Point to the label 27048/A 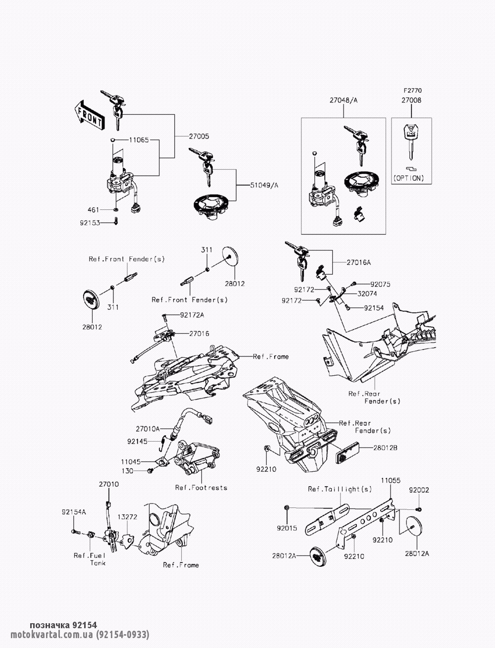pyautogui.click(x=344, y=100)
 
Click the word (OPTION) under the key pyautogui.click(x=409, y=178)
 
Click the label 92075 pyautogui.click(x=380, y=284)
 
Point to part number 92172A pyautogui.click(x=192, y=314)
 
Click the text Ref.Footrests pyautogui.click(x=201, y=488)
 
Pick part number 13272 pyautogui.click(x=127, y=516)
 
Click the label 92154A pyautogui.click(x=74, y=512)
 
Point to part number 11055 pyautogui.click(x=391, y=480)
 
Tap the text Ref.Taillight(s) pyautogui.click(x=340, y=489)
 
